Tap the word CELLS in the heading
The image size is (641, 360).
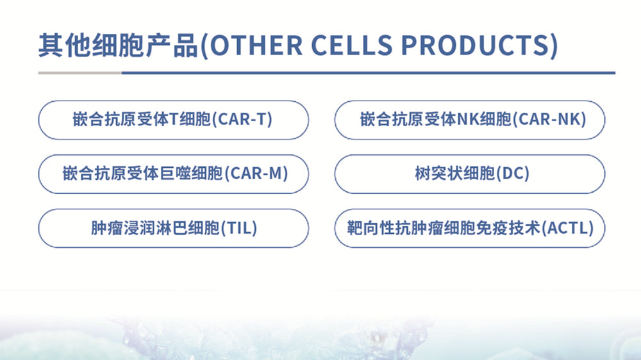(x=351, y=45)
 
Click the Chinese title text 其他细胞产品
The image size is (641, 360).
(x=118, y=45)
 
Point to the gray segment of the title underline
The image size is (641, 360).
(x=80, y=73)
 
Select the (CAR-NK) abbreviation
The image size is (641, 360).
(x=549, y=119)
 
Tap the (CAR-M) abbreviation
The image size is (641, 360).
(x=256, y=174)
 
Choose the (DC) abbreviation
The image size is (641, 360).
(x=513, y=174)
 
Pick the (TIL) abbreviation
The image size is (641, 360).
(x=238, y=228)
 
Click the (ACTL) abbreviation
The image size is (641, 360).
(x=568, y=228)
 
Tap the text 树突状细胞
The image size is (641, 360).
(x=455, y=174)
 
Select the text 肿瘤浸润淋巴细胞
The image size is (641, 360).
(x=155, y=228)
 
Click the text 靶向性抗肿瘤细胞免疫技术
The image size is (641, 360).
(x=444, y=228)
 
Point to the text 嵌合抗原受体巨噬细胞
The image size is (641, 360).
(x=143, y=174)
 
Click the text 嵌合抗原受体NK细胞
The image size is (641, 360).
(x=436, y=119)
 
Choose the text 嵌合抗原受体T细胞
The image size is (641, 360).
(x=142, y=119)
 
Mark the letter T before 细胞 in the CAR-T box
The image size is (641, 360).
(x=173, y=119)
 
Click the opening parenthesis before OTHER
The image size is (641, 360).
(x=204, y=45)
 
